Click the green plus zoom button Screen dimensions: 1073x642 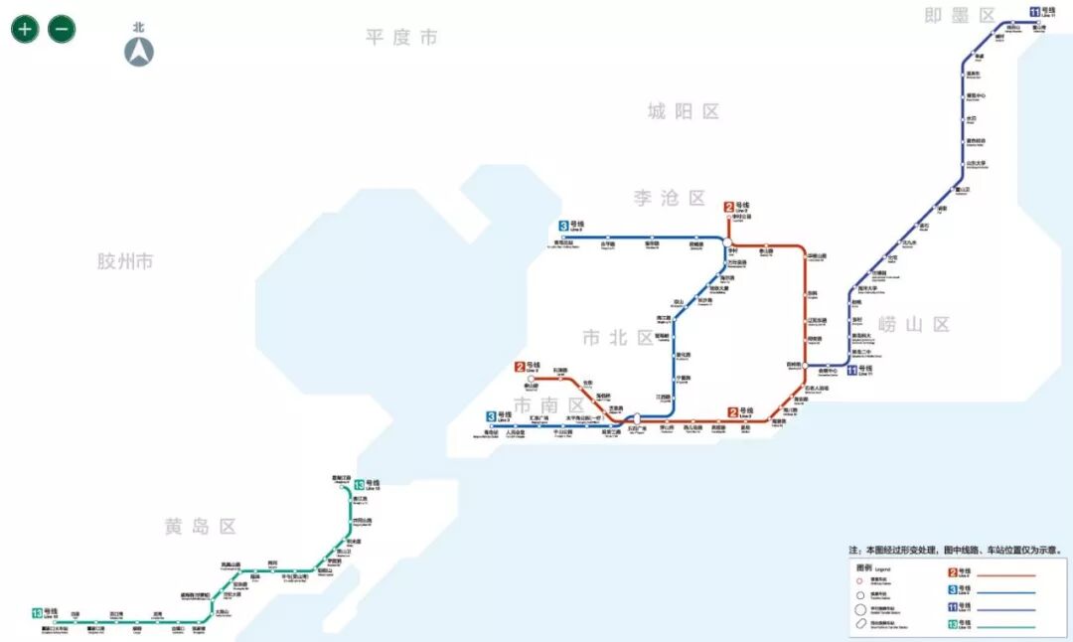(x=25, y=29)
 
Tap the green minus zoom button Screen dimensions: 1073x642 (x=62, y=29)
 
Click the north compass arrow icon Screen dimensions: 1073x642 (x=139, y=52)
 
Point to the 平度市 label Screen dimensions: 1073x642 (x=401, y=38)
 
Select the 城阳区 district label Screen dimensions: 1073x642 (x=684, y=111)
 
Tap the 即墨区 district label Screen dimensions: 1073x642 (x=960, y=16)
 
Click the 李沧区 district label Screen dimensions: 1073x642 (x=670, y=198)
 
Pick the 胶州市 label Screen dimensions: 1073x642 (x=125, y=261)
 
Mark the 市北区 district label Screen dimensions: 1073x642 (x=618, y=338)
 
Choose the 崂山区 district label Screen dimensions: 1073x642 (x=915, y=324)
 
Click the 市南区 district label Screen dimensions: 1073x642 (x=549, y=405)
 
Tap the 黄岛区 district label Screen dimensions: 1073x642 (x=201, y=527)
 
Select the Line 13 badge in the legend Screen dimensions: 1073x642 (x=952, y=625)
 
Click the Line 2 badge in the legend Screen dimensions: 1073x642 (x=952, y=572)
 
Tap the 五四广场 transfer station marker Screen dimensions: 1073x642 (x=636, y=419)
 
